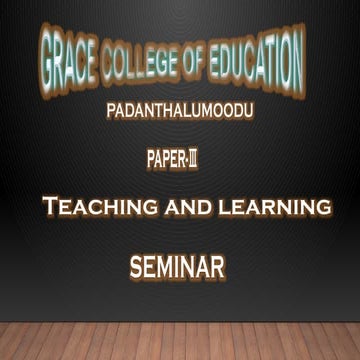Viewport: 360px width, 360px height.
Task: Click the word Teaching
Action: [91, 208]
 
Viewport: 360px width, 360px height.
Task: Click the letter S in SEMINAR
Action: [137, 267]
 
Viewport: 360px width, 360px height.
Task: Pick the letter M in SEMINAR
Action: [171, 267]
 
